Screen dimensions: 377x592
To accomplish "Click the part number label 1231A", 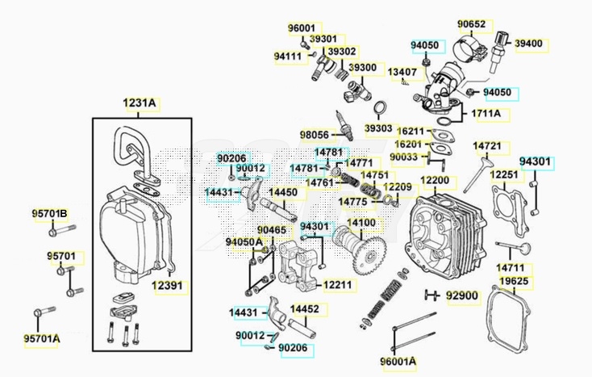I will [140, 103].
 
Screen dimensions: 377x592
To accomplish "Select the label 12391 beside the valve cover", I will [167, 285].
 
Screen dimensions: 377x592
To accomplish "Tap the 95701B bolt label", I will [50, 214].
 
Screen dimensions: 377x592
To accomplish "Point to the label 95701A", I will [41, 338].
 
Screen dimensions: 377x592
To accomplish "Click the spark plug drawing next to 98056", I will [345, 125].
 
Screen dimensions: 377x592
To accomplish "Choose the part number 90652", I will [494, 24].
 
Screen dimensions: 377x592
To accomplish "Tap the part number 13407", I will [402, 72].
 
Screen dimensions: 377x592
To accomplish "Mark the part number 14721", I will [487, 146].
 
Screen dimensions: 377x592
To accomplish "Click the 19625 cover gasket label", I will [513, 281].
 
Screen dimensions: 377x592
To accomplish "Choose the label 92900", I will [462, 296].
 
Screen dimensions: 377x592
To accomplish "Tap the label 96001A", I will [399, 362].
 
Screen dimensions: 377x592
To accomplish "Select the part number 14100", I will [361, 223].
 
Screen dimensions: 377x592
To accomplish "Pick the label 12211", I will [338, 284].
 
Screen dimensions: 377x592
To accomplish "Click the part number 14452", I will [303, 308].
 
